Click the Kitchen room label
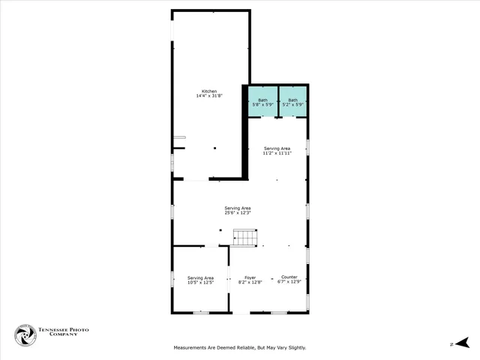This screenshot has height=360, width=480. pyautogui.click(x=209, y=91)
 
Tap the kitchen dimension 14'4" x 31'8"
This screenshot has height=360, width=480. pyautogui.click(x=209, y=96)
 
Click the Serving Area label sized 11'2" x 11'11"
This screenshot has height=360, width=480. pyautogui.click(x=277, y=148)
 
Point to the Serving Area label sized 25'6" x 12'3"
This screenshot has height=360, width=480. pyautogui.click(x=237, y=208)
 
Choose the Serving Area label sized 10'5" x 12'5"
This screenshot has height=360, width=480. pyautogui.click(x=200, y=277)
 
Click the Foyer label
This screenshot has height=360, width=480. pyautogui.click(x=250, y=277)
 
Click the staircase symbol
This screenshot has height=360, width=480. pyautogui.click(x=244, y=238)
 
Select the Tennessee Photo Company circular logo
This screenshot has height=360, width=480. pyautogui.click(x=25, y=335)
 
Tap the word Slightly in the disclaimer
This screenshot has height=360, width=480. pyautogui.click(x=295, y=347)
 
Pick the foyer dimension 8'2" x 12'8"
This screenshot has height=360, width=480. pyautogui.click(x=250, y=283)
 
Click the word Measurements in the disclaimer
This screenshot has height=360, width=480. pyautogui.click(x=191, y=347)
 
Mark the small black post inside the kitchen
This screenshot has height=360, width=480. pyautogui.click(x=214, y=148)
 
